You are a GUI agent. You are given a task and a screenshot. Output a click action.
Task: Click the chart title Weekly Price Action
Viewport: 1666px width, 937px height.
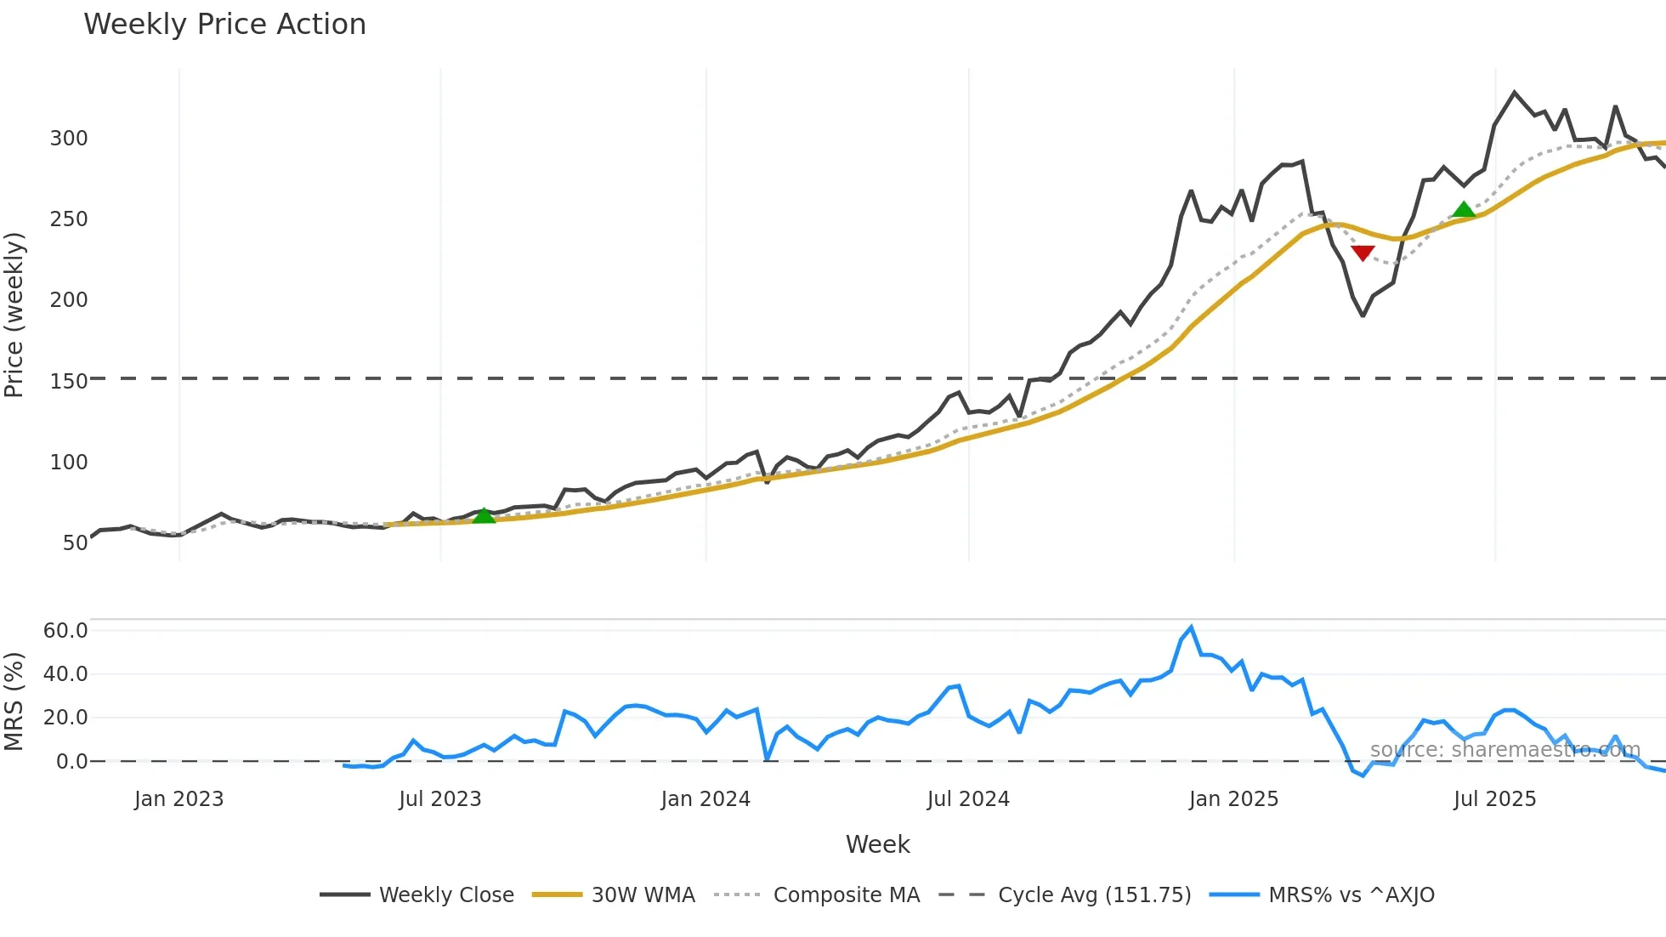tap(224, 25)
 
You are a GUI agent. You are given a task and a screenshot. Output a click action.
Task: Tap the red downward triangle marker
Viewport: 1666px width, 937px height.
tap(1363, 253)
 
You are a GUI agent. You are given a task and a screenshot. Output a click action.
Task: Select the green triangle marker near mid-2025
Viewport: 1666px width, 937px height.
tap(1464, 209)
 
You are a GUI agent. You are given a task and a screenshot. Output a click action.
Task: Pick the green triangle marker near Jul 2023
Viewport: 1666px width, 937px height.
tap(484, 515)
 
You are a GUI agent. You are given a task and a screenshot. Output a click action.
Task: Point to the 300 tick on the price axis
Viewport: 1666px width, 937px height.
tap(69, 139)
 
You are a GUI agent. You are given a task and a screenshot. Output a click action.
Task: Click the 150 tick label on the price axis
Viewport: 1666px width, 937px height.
tap(69, 381)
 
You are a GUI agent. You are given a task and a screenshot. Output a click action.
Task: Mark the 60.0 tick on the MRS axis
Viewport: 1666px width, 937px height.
tap(65, 630)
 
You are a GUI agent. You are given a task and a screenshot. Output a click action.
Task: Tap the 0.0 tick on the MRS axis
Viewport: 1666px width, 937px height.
tap(71, 761)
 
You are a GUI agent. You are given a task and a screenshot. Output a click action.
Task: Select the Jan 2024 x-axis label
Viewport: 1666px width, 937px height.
tap(705, 799)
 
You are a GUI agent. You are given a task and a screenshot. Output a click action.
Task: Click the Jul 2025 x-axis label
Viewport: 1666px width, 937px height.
tap(1494, 799)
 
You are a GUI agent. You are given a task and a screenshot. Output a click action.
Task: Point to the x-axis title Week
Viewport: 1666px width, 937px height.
tap(877, 844)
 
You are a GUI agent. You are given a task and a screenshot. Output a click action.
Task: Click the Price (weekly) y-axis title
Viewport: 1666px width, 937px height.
tap(14, 315)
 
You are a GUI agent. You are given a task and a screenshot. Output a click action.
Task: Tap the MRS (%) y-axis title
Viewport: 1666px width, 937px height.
tap(14, 701)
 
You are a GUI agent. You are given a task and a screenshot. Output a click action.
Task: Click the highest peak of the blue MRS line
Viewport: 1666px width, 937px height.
tap(1191, 628)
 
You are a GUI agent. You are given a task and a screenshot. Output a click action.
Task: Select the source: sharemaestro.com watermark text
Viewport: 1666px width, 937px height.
tap(1504, 750)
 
